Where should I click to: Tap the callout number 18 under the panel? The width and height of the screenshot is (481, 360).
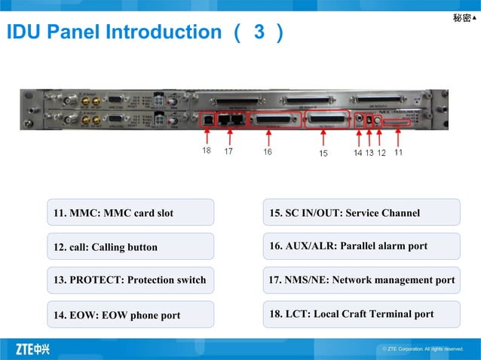pos(207,151)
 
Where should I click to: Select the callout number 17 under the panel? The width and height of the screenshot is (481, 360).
pos(228,151)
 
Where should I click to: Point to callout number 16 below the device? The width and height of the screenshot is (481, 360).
pos(268,151)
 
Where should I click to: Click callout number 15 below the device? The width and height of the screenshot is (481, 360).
pos(323,153)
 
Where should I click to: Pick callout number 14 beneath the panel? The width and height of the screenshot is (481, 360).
pos(358,152)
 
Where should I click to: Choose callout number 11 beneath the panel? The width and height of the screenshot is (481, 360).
pos(398,151)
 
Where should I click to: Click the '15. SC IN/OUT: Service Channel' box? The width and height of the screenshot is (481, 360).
pos(361,213)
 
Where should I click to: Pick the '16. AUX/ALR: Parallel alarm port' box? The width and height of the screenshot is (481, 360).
pos(361,246)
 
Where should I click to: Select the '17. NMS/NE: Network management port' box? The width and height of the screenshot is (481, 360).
pos(361,280)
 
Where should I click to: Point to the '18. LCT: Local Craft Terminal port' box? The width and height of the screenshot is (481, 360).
pos(361,314)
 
